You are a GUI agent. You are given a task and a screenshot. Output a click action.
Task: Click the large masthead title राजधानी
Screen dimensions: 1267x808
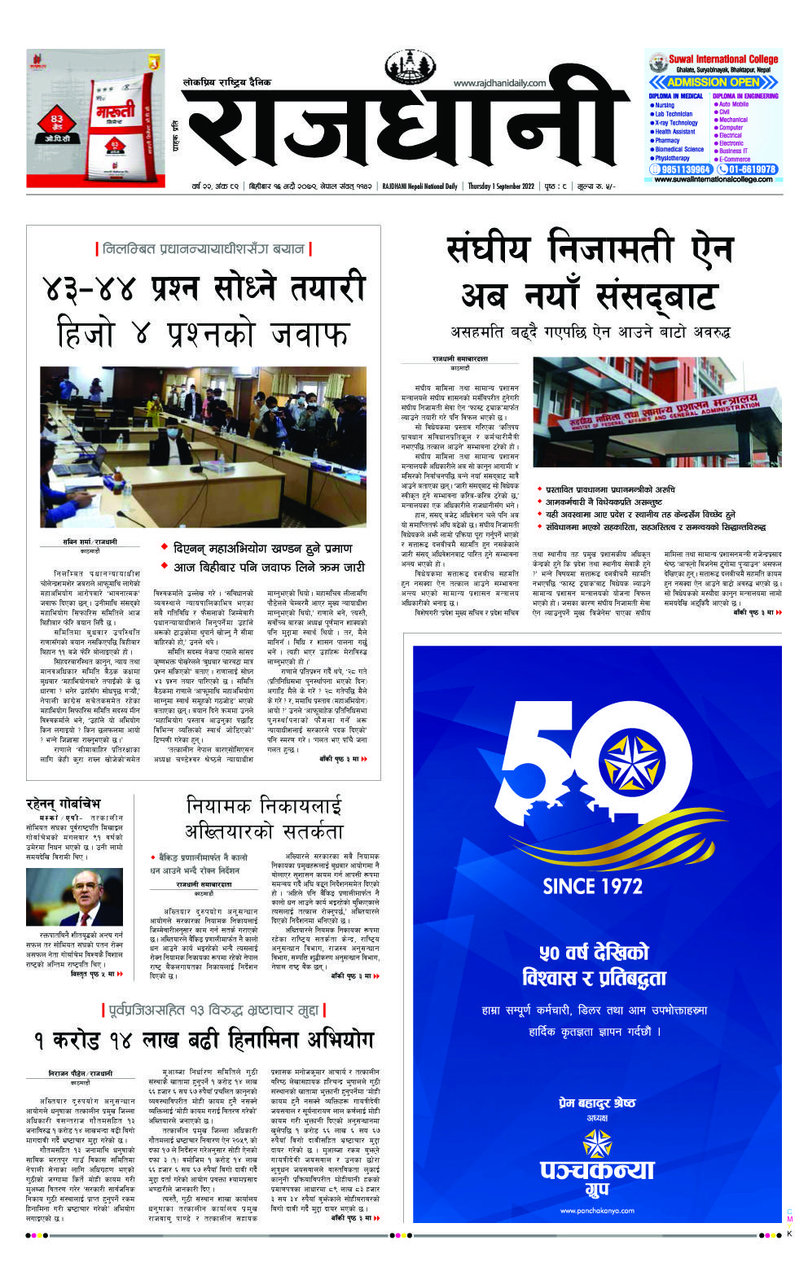399,130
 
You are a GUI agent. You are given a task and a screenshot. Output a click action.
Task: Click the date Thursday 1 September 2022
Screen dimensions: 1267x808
501,186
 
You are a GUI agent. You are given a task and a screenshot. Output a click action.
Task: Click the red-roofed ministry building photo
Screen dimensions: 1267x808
656,411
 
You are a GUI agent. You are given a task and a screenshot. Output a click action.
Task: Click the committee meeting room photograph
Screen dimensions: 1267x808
203,446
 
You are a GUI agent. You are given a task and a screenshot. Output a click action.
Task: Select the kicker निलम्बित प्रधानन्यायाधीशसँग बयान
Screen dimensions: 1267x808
203,248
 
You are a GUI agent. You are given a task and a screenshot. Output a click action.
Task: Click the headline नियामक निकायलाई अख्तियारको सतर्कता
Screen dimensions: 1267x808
265,818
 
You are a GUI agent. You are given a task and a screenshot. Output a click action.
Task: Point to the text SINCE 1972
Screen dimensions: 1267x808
592,885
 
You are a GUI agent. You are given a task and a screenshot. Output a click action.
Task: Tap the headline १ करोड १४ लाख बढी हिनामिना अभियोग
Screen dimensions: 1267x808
203,1040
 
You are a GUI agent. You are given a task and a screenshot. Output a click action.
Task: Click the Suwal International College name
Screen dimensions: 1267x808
723,59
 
